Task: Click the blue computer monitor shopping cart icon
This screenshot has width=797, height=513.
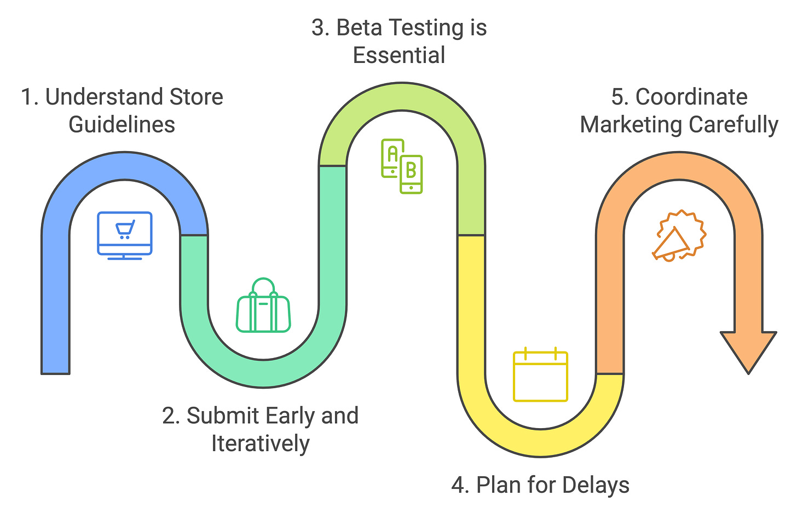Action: click(125, 234)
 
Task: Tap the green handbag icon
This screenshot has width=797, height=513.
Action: click(263, 307)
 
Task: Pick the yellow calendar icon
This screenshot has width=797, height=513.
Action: click(540, 375)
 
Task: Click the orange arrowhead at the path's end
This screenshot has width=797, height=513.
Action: click(748, 350)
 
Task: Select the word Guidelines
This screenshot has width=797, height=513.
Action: click(122, 125)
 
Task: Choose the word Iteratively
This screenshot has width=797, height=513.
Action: click(261, 443)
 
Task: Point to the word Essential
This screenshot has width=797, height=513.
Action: click(399, 56)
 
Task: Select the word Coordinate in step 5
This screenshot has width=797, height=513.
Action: click(691, 97)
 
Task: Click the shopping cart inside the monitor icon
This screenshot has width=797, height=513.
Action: click(125, 229)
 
